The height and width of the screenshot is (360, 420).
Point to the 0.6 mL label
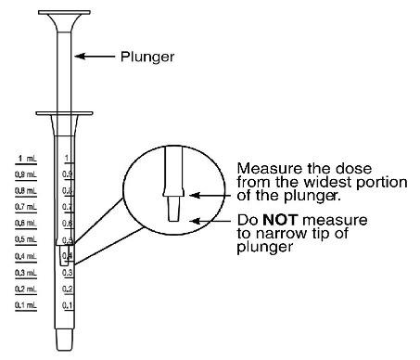tap(26, 223)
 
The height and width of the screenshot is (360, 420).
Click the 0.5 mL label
tap(26, 239)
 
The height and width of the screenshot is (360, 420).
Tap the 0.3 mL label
tap(26, 273)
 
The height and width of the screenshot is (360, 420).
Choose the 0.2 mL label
tap(26, 289)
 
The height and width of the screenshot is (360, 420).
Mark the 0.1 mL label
tap(26, 304)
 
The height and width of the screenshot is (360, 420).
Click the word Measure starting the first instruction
tap(263, 168)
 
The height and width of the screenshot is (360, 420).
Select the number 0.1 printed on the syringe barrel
tap(67, 305)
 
